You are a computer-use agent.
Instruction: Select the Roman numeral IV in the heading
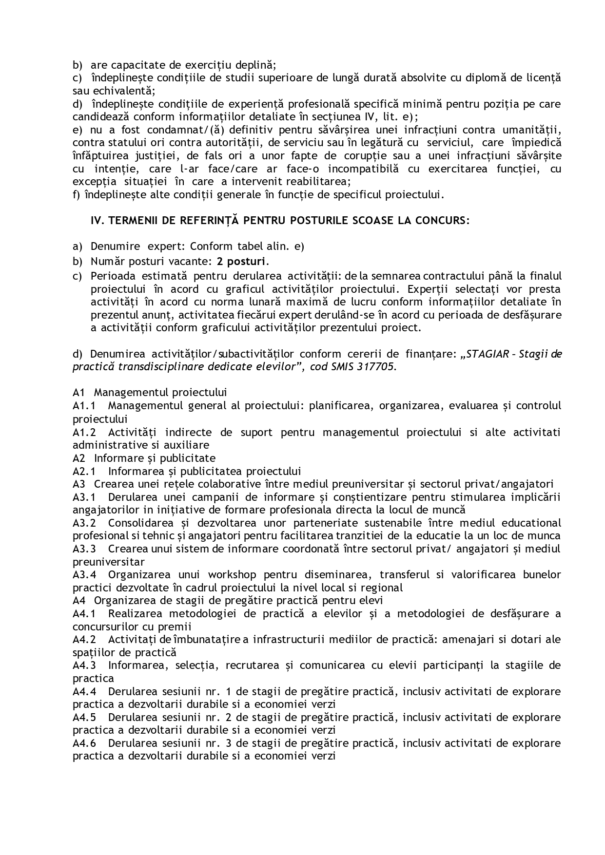click(x=97, y=220)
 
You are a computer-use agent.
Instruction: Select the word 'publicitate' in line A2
click(x=189, y=458)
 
